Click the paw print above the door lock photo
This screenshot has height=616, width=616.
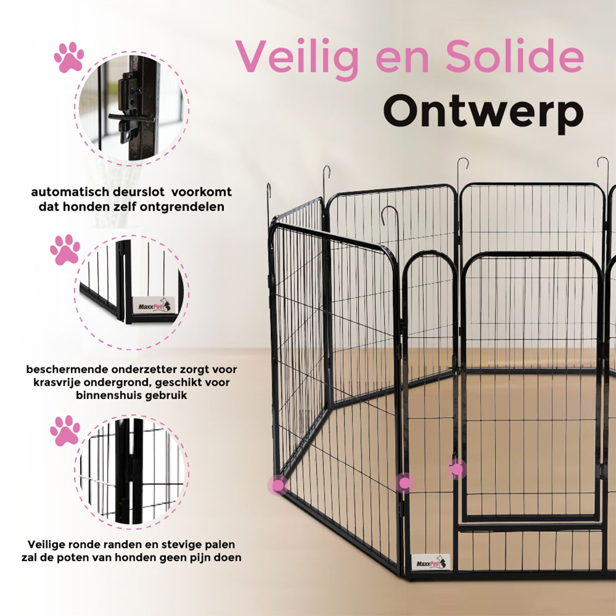69,57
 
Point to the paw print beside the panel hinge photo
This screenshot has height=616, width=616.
65,431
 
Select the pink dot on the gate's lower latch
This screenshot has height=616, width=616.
457,469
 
